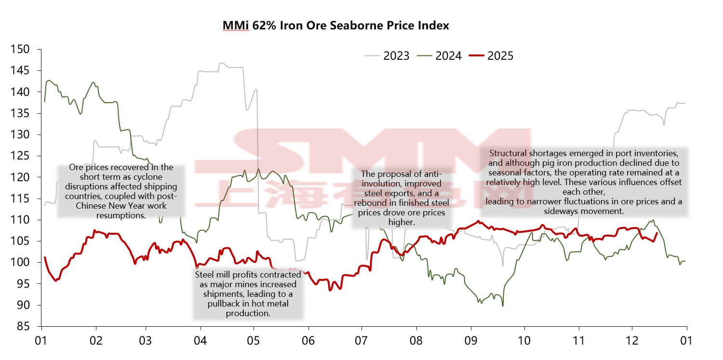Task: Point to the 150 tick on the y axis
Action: pyautogui.click(x=20, y=49)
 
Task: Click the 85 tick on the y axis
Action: pyautogui.click(x=23, y=326)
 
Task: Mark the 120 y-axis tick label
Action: pyautogui.click(x=20, y=177)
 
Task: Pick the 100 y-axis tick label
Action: pyautogui.click(x=20, y=263)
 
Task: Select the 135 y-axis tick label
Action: pyautogui.click(x=20, y=113)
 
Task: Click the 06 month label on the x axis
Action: pyautogui.click(x=308, y=341)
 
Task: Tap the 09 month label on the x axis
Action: pyautogui.click(x=471, y=341)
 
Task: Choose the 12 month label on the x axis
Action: pyautogui.click(x=632, y=341)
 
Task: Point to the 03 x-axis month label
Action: pyautogui.click(x=146, y=341)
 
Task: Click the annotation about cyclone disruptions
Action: pyautogui.click(x=121, y=191)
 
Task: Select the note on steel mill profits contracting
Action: pyautogui.click(x=248, y=294)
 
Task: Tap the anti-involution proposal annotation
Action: pyautogui.click(x=401, y=198)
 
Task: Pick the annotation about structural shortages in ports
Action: pyautogui.click(x=584, y=182)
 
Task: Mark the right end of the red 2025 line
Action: pyautogui.click(x=657, y=233)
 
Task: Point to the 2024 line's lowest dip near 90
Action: pyautogui.click(x=503, y=306)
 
